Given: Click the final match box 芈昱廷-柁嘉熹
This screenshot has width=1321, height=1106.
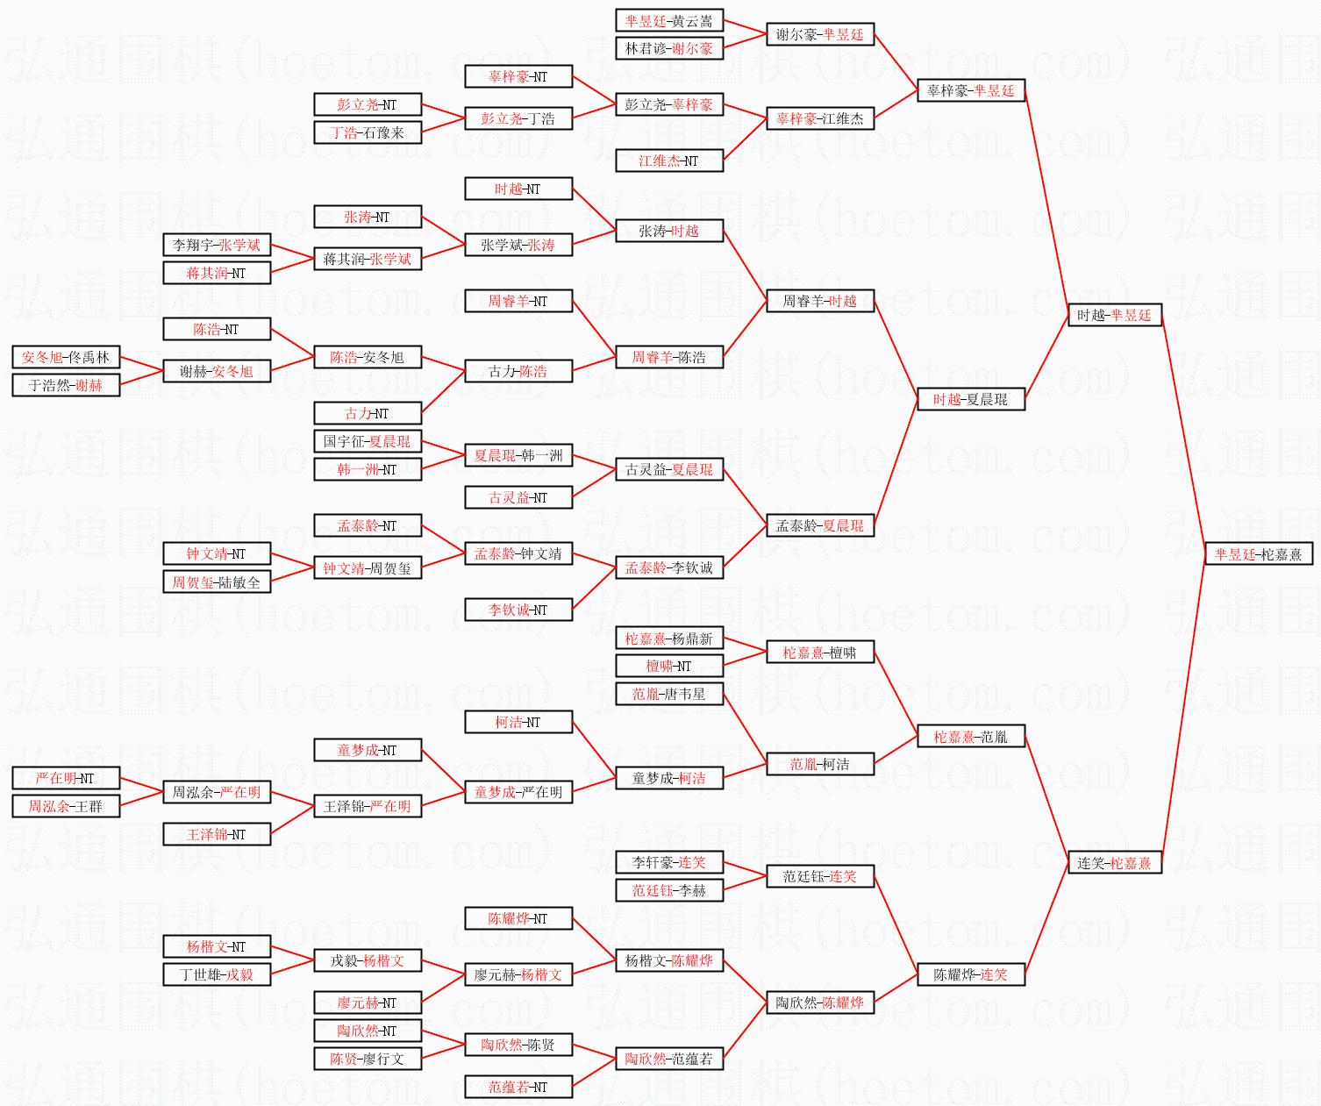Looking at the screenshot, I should (1258, 554).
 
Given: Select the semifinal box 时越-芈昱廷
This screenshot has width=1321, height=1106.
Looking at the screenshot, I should (1114, 316).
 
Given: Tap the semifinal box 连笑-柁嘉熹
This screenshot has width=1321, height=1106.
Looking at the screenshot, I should (1114, 863).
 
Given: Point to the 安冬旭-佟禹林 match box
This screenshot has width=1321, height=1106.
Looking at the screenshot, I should (66, 358).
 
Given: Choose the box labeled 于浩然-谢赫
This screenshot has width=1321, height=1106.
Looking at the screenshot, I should (66, 385).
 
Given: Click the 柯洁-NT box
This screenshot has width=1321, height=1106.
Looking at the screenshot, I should (518, 723).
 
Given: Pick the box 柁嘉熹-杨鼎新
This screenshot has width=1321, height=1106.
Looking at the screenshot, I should (668, 639).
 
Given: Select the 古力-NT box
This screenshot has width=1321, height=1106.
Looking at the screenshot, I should (367, 414).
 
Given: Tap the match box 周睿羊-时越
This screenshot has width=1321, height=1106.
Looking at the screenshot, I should (819, 302).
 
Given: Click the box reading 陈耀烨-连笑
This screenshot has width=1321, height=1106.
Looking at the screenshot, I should (970, 974).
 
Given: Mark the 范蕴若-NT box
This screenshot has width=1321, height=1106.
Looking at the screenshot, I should (518, 1088).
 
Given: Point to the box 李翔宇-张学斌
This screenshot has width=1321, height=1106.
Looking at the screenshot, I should (217, 246).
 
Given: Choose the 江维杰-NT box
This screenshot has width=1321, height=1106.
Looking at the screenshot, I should (668, 161).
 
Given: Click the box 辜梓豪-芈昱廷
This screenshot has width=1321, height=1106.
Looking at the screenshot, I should (970, 91).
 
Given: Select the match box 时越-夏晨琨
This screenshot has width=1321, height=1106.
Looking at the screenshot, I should (970, 400).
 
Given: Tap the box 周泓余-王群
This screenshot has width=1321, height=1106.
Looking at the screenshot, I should (66, 806).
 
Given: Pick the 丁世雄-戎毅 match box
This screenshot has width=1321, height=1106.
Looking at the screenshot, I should (217, 974).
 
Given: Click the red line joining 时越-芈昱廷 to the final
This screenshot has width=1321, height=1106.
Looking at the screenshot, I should (1183, 434).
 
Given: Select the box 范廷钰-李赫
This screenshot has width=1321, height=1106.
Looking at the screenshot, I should (668, 890).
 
